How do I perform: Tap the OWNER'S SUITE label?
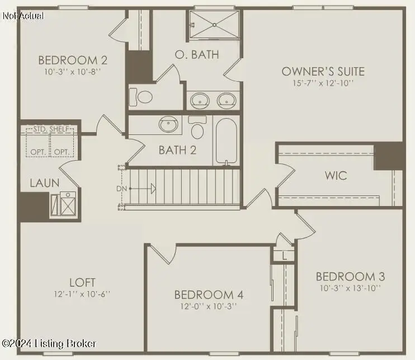pos(323,72)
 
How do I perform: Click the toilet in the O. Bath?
pos(144,97)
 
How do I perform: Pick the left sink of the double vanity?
pos(200,101)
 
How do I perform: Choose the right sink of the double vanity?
pos(227,101)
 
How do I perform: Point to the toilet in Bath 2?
pos(197,129)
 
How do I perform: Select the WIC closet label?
pos(336,175)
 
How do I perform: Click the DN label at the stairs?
pos(121,188)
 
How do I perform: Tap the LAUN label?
pos(44,183)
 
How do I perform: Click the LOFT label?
pos(82,282)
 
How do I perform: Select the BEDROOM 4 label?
pos(208,294)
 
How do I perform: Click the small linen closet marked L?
pos(284,256)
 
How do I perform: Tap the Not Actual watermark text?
pos(23,15)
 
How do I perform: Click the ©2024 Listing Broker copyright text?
pos(49,343)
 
